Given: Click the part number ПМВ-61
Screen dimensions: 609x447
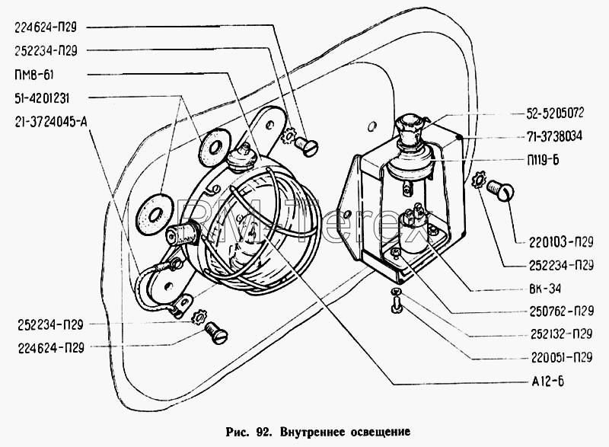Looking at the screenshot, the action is [33, 75].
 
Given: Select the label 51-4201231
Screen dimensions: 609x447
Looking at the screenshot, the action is [42, 98].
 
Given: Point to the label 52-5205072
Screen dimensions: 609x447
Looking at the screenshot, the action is [555, 113].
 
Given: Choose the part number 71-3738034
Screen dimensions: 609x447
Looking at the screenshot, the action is [555, 136].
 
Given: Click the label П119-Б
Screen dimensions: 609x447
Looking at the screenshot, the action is [543, 160].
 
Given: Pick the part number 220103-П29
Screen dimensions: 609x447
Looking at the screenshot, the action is [561, 242].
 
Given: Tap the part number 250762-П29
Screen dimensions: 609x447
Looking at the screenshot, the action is [562, 311].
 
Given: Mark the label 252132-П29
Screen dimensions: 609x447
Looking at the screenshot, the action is [562, 334].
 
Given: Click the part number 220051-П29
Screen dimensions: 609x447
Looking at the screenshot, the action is [562, 357].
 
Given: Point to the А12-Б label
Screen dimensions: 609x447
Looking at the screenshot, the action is [547, 382].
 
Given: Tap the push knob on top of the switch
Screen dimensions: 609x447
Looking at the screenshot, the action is [409, 123].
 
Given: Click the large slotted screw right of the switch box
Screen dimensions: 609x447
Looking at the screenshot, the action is [500, 190].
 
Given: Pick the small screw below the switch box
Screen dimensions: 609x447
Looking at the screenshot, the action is [397, 302].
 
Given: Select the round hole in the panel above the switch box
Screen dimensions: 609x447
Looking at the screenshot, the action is [371, 126].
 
